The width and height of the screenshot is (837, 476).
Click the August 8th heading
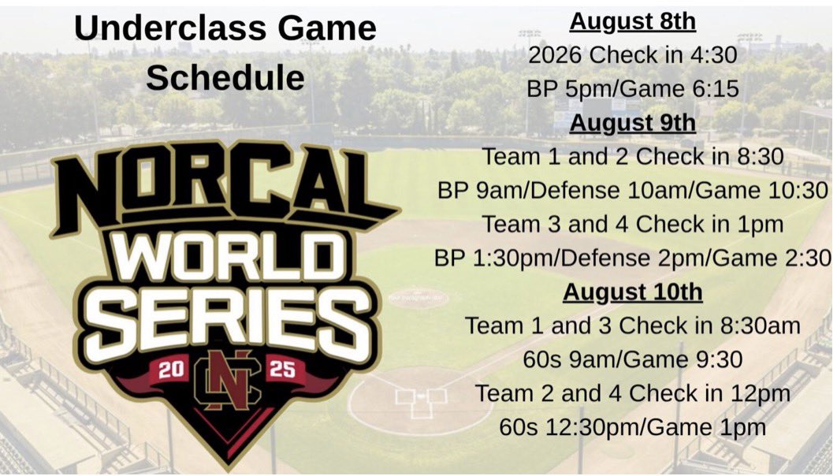(633, 21)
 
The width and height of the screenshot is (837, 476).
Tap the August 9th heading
(633, 123)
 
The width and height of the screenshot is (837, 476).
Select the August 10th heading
(632, 292)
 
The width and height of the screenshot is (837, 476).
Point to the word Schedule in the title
(225, 77)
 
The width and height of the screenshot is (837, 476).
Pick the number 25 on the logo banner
(281, 370)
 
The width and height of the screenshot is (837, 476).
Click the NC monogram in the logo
(227, 381)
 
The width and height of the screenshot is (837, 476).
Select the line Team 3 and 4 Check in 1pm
(633, 225)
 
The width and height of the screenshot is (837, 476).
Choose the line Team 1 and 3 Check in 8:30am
(633, 325)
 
